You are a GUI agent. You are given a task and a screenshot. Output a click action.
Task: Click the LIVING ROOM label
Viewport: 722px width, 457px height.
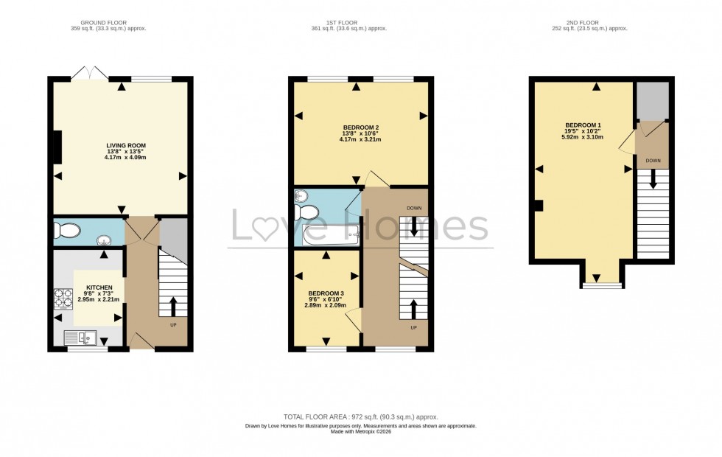click(x=121, y=146)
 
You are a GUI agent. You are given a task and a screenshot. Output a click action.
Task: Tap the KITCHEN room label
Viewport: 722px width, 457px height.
click(x=99, y=287)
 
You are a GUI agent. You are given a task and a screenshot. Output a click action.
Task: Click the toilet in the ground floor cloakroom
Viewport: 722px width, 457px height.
click(x=66, y=231)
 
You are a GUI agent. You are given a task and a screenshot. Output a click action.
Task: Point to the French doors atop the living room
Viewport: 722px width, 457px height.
click(x=89, y=73)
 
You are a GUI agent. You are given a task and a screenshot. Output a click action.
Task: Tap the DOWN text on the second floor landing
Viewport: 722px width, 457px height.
click(x=653, y=160)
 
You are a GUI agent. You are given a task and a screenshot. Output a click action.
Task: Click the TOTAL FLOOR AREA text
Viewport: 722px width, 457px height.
click(x=360, y=417)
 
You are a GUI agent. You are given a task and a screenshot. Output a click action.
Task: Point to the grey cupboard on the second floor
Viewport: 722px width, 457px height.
click(x=652, y=101)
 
